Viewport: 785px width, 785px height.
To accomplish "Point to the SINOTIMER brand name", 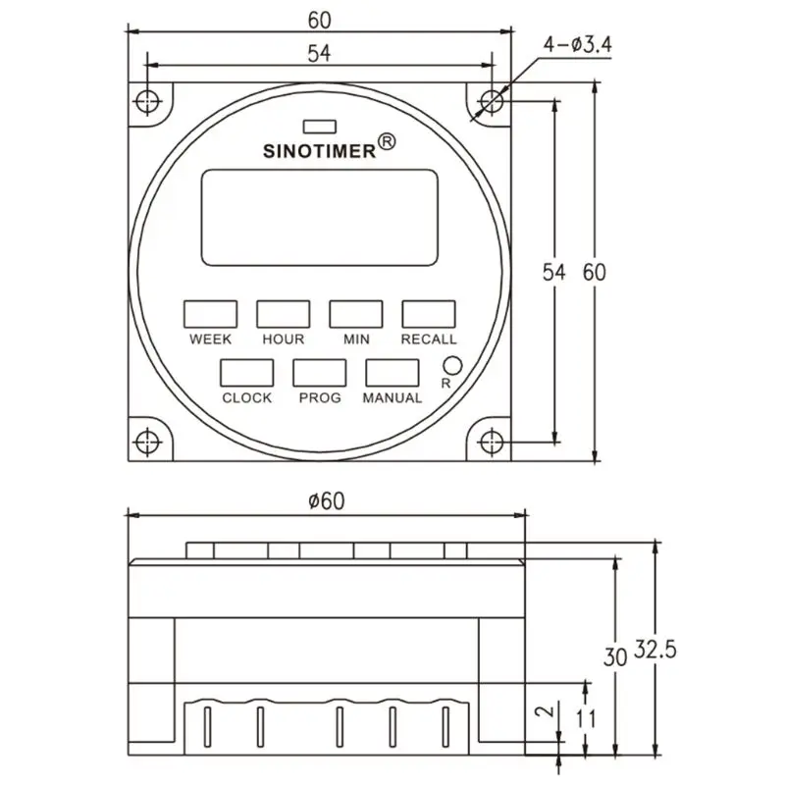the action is click(x=320, y=151).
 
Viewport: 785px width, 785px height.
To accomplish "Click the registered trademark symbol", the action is click(x=387, y=141).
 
